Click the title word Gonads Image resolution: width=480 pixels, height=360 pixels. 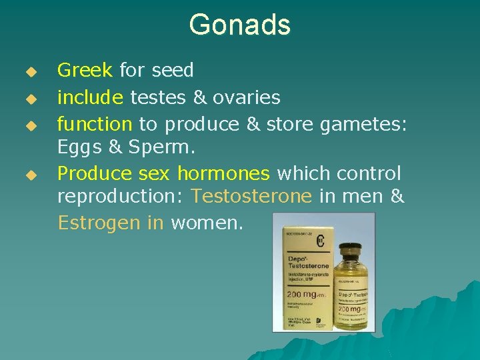point(239,25)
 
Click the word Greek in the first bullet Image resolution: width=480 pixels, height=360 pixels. point(85,70)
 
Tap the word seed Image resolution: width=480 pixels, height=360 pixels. point(173,70)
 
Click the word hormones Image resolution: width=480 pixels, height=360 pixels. point(223,173)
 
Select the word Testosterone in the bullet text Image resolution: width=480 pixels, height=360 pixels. point(251,197)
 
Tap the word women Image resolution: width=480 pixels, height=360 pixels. point(207,222)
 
